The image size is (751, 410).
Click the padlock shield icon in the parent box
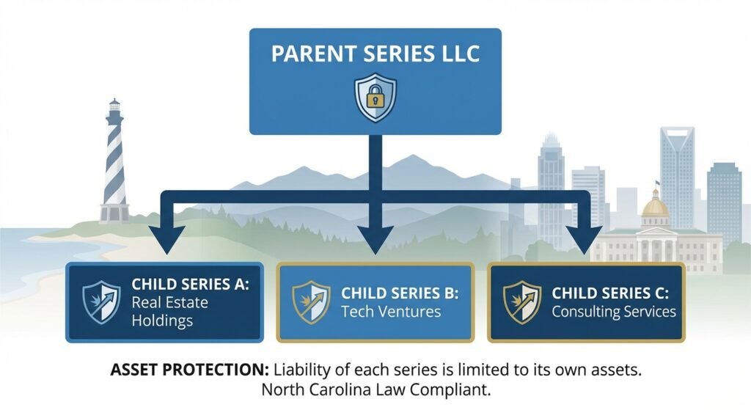point(375,98)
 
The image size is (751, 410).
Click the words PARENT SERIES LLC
point(375,53)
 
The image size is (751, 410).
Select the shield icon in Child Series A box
point(101,302)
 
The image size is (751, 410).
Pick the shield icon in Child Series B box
point(311,302)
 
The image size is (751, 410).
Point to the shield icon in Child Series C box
point(522,302)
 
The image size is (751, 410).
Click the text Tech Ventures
point(391,312)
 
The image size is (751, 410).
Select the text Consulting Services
point(614,312)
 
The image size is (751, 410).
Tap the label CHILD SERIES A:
point(190,284)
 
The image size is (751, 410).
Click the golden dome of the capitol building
point(655,207)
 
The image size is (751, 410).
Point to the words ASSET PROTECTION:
point(190,370)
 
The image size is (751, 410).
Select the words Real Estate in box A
point(169,303)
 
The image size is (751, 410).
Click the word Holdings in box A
point(162,321)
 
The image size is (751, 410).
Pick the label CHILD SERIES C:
point(609,293)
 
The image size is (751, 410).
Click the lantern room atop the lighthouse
point(114,106)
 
